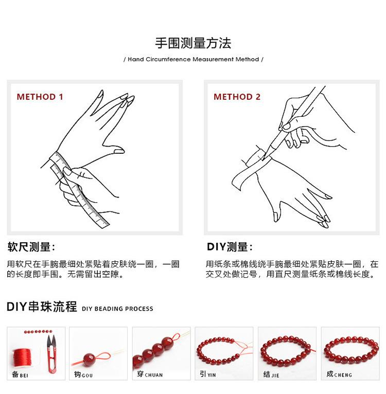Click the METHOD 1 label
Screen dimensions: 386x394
pyautogui.click(x=40, y=97)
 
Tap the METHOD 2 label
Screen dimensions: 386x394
pyautogui.click(x=237, y=97)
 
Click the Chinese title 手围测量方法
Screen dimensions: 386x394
pyautogui.click(x=193, y=43)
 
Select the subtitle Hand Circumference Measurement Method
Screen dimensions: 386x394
pyautogui.click(x=194, y=59)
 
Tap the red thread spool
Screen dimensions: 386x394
pyautogui.click(x=23, y=357)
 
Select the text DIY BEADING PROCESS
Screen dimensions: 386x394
pyautogui.click(x=117, y=309)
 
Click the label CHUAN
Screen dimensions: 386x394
pyautogui.click(x=154, y=375)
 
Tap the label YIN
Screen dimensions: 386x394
pyautogui.click(x=212, y=375)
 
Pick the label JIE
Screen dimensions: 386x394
pyautogui.click(x=275, y=375)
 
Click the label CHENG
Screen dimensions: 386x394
pyautogui.click(x=343, y=375)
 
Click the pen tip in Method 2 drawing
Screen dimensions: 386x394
pyautogui.click(x=263, y=158)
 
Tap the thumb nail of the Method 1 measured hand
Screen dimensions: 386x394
pyautogui.click(x=119, y=152)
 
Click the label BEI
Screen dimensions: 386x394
pyautogui.click(x=24, y=375)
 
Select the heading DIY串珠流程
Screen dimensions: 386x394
pyautogui.click(x=42, y=307)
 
